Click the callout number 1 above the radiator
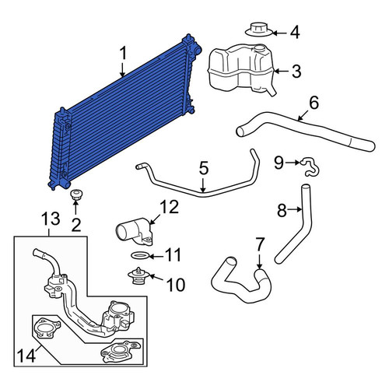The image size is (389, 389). [x=124, y=53]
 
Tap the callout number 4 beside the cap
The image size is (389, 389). [x=295, y=33]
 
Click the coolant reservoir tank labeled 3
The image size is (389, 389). [x=240, y=68]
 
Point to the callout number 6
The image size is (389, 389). [x=314, y=103]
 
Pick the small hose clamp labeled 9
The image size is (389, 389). [x=310, y=167]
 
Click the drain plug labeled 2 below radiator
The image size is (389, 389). [x=75, y=194]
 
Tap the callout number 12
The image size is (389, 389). [x=169, y=207]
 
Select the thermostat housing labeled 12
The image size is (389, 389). [x=134, y=231]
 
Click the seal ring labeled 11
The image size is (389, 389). [x=140, y=256]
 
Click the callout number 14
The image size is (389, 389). [x=26, y=356]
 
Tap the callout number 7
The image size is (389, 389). [x=260, y=244]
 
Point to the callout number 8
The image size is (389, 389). [x=282, y=210]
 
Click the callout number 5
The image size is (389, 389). [x=204, y=168]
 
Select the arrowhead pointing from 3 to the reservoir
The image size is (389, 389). [x=277, y=71]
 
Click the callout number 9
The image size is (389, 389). [x=279, y=163]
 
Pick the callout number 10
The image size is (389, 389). [x=176, y=285]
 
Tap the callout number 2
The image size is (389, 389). [x=76, y=225]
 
